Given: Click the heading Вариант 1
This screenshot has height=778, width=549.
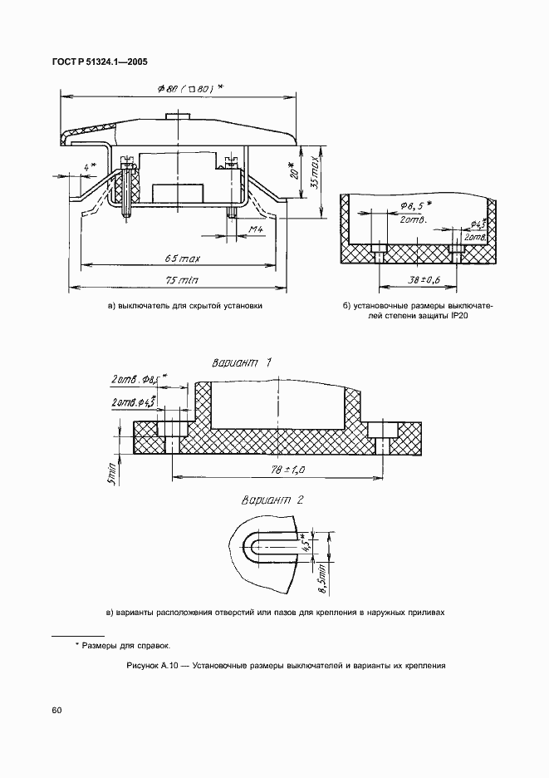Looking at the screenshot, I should tap(242, 362).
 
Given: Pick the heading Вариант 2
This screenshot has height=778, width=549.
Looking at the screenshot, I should tap(272, 500).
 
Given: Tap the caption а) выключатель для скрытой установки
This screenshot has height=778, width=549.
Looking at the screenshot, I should tap(184, 306).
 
